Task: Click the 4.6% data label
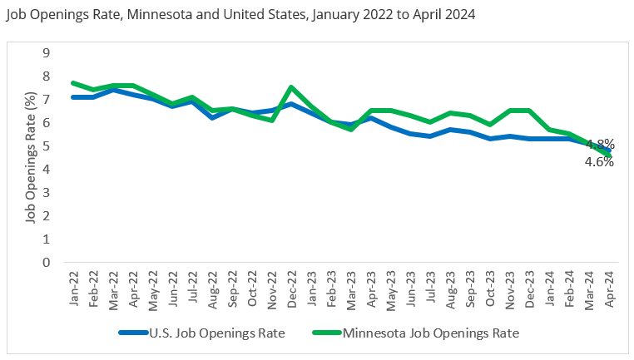[x=598, y=162]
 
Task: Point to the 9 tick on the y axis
[x=47, y=52]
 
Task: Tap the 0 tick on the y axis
[x=47, y=263]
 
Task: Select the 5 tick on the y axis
[x=47, y=146]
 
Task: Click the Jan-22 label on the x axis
[x=75, y=288]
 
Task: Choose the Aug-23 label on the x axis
[x=450, y=288]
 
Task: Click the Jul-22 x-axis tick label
[x=193, y=288]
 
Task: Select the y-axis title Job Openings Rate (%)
[x=30, y=159]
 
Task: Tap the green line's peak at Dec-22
[x=291, y=87]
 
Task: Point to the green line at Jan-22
[x=74, y=83]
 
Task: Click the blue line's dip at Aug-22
[x=213, y=117]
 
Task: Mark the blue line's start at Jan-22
[x=74, y=97]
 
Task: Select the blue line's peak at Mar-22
[x=114, y=90]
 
